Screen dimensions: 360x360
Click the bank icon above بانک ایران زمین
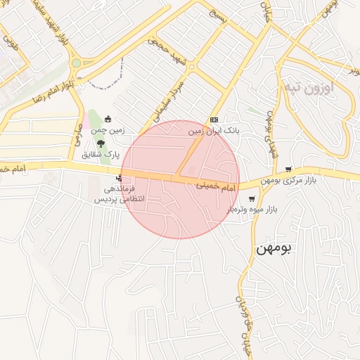point(214,120)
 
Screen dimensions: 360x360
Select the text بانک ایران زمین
point(214,131)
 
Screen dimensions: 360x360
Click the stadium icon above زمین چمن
point(108,119)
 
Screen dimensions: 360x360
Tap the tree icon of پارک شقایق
point(101,143)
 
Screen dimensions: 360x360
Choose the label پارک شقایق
point(101,154)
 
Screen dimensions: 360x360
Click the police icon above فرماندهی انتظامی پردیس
point(118,177)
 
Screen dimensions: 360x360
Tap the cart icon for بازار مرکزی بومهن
point(288,169)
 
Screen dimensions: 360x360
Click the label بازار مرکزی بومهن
point(290,181)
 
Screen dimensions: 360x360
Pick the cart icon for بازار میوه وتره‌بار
point(252,199)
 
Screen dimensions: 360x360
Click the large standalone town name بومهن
point(274,247)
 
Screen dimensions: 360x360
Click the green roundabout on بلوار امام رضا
point(76,63)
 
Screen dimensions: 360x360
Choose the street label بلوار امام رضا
point(50,89)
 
